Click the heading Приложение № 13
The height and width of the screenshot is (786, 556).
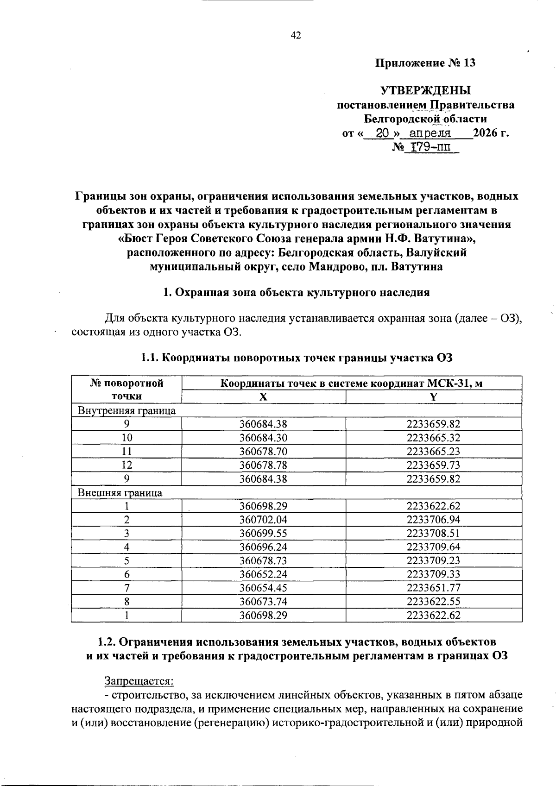[x=425, y=63]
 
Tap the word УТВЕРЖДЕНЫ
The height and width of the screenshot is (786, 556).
[x=425, y=90]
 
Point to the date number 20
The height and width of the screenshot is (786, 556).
[x=381, y=133]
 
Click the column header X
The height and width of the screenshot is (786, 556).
[x=263, y=396]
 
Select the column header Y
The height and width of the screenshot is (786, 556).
[x=433, y=396]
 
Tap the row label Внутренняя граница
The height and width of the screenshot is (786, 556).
[x=126, y=410]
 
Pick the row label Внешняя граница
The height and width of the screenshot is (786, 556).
[x=120, y=492]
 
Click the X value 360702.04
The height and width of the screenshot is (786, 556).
[x=263, y=520]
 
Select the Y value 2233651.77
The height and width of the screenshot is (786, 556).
[x=433, y=588]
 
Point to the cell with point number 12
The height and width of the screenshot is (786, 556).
[x=126, y=465]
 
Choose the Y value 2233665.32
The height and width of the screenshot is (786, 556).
[x=433, y=438]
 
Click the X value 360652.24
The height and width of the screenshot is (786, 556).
[x=263, y=574]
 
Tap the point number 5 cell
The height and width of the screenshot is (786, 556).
[x=126, y=560]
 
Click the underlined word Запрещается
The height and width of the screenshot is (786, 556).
[x=139, y=681]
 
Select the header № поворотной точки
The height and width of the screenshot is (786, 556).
[x=126, y=390]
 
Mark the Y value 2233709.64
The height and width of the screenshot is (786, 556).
[x=433, y=547]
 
